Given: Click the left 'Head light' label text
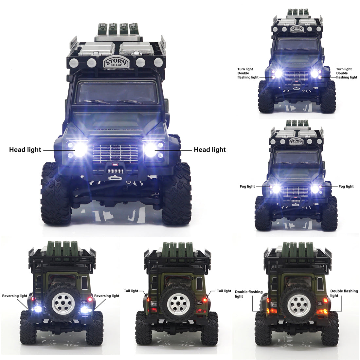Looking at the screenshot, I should click(25, 150).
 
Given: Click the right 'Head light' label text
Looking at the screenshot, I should click(210, 150).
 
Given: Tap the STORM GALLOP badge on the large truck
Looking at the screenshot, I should click(116, 63).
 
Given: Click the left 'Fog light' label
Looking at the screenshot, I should click(247, 187).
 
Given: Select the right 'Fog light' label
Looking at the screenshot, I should click(346, 187).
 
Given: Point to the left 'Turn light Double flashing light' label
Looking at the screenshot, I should click(248, 73).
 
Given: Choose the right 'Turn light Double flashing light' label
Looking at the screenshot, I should click(346, 73).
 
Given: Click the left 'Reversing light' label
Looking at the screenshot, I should click(15, 296).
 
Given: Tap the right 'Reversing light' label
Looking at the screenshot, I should click(107, 296).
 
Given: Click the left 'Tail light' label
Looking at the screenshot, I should click(131, 291).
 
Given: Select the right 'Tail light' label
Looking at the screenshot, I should click(224, 291).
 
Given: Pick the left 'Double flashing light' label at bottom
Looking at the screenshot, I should click(248, 294).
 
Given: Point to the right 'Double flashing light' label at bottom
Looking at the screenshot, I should click(344, 293).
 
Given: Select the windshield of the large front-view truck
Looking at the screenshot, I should click(118, 93).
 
